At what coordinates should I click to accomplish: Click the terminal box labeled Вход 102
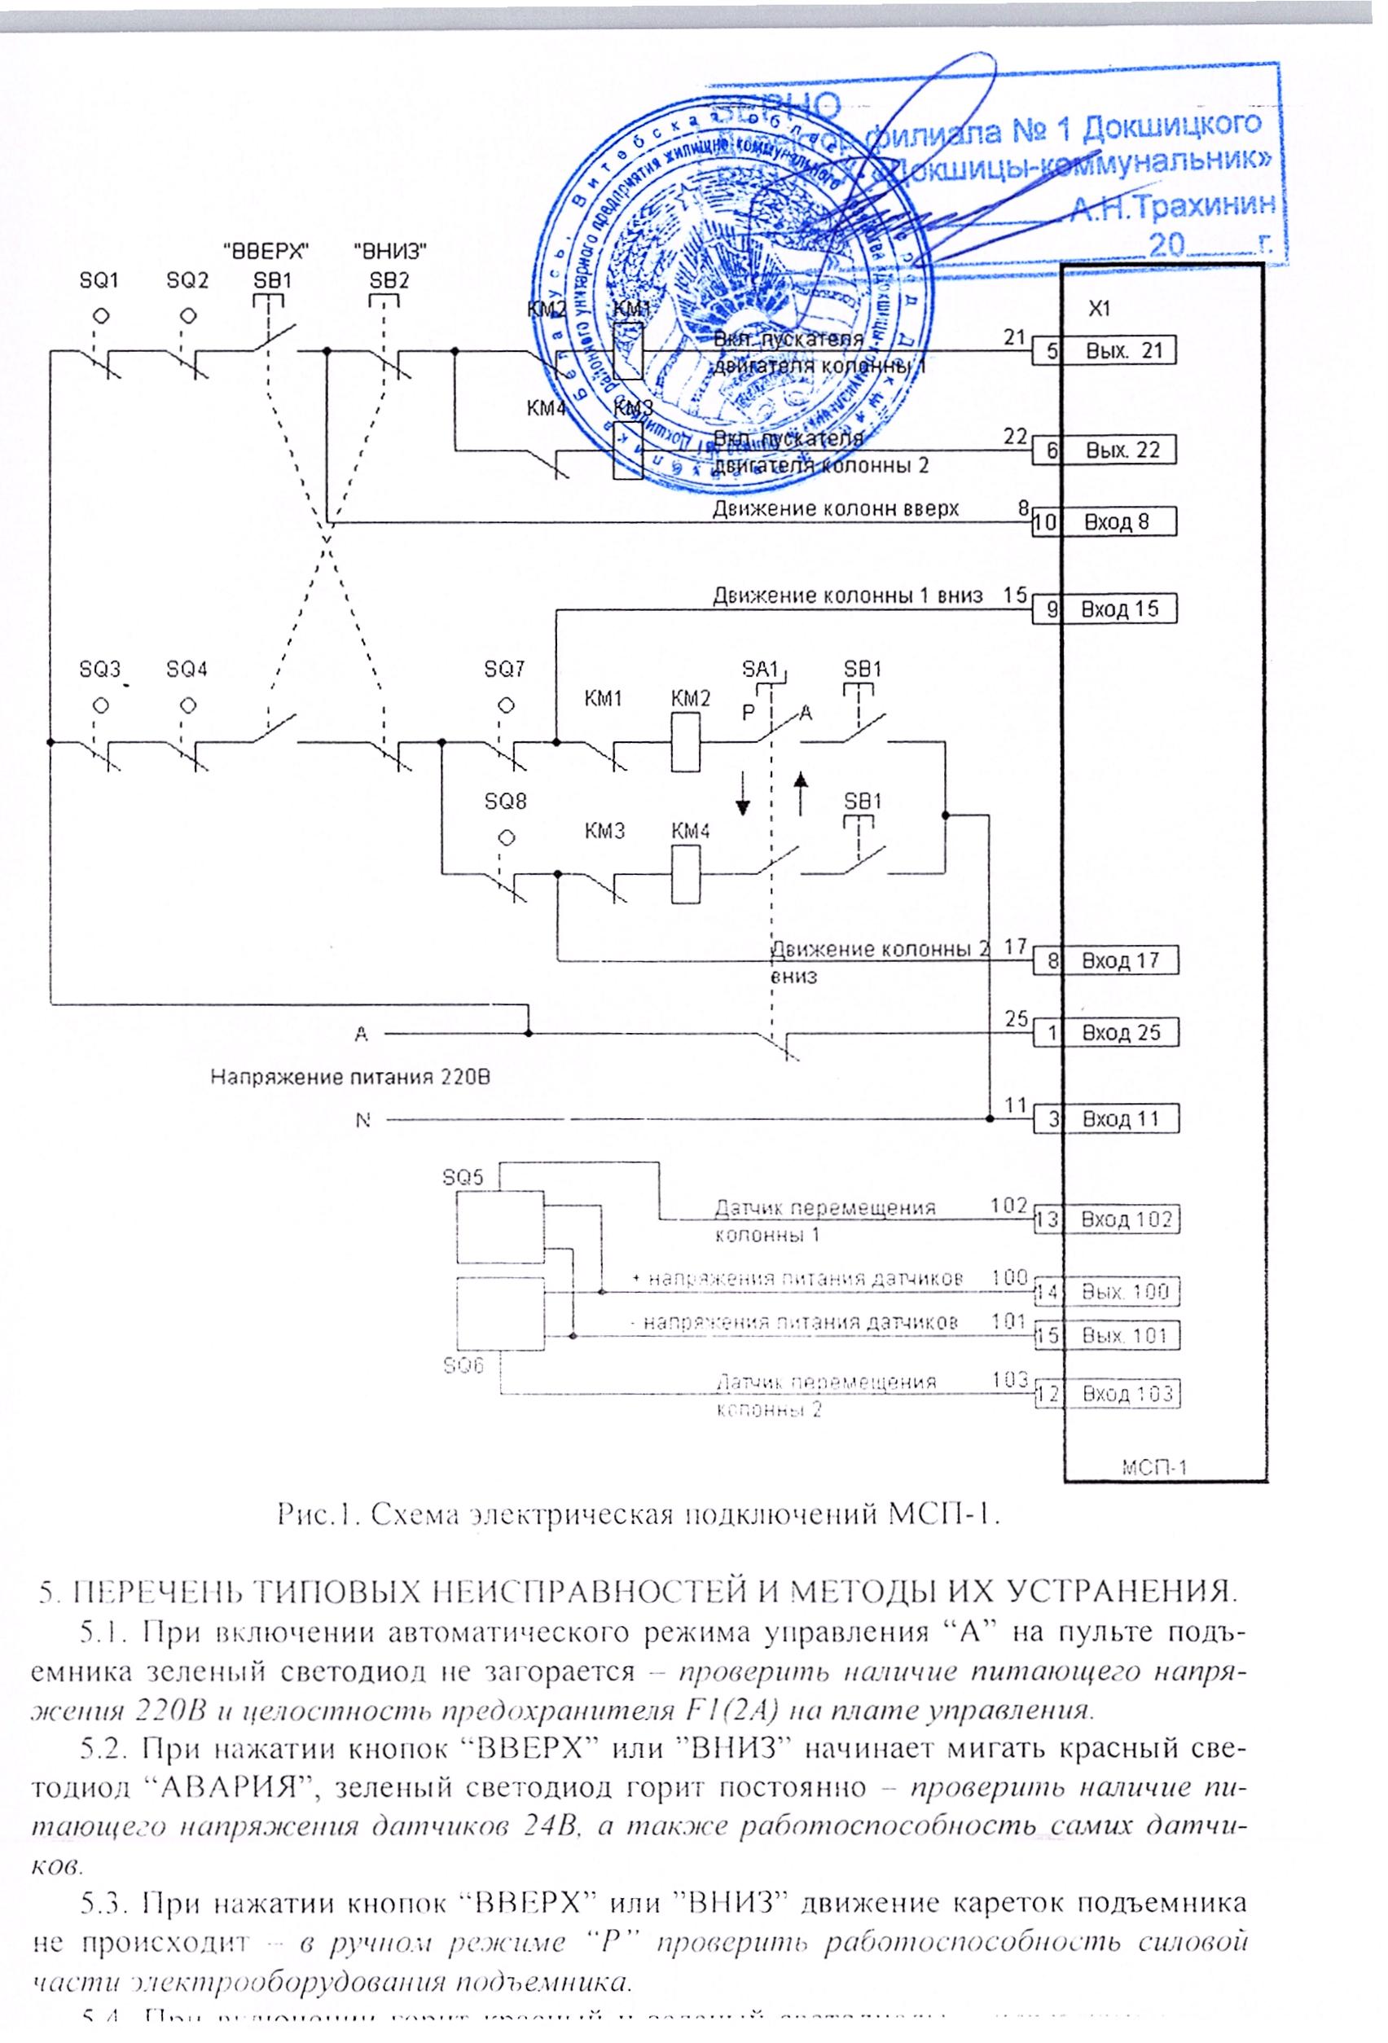[x=1126, y=1219]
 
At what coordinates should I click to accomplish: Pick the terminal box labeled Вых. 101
[x=1124, y=1335]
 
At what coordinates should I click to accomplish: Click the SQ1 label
[x=99, y=280]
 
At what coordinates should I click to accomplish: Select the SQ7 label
[x=504, y=670]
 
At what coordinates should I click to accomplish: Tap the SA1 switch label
[x=760, y=669]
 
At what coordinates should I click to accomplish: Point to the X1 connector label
[x=1099, y=309]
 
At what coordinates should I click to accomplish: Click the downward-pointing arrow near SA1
[x=744, y=793]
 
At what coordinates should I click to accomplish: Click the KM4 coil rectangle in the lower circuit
[x=686, y=873]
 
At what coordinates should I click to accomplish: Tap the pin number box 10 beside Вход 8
[x=1046, y=522]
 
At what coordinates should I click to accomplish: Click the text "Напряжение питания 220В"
[x=350, y=1077]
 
